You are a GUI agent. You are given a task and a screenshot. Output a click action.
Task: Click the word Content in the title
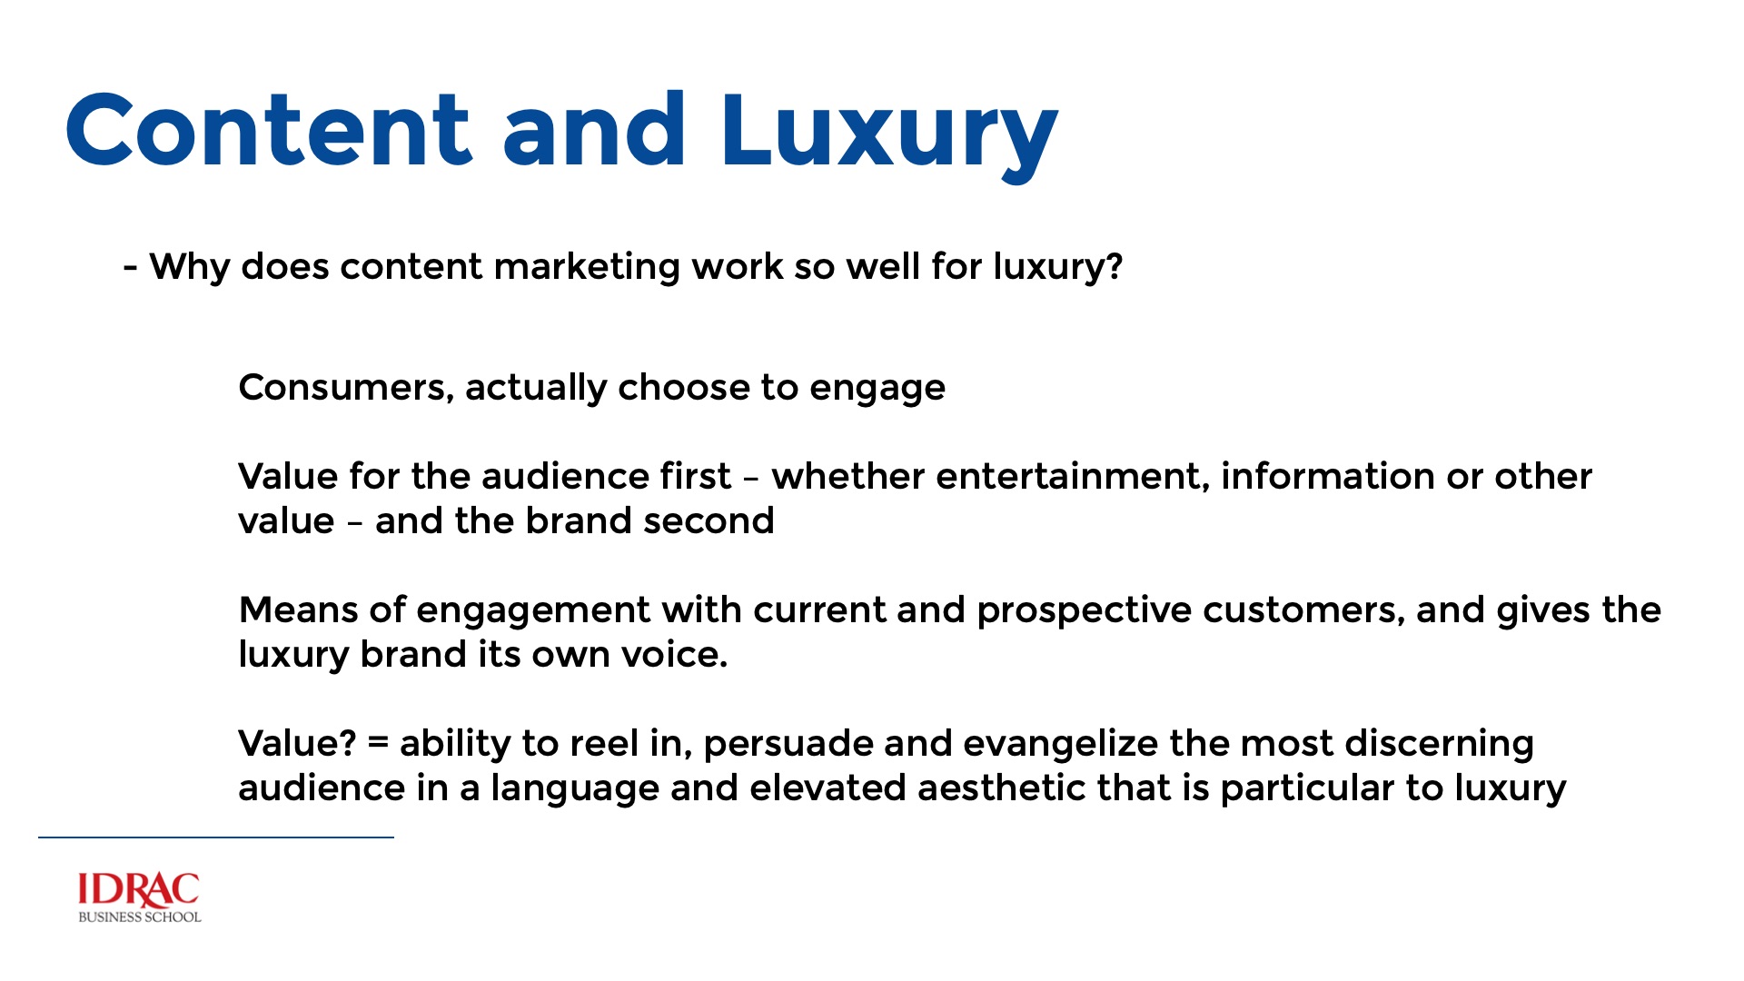point(269,129)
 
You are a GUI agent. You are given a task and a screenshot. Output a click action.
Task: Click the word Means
point(298,610)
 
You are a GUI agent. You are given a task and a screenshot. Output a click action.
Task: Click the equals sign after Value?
point(378,744)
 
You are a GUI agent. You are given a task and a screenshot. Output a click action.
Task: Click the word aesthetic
point(1001,788)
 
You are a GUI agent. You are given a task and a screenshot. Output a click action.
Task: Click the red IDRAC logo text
point(139,890)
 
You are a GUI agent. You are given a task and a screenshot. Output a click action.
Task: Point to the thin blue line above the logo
point(216,837)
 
